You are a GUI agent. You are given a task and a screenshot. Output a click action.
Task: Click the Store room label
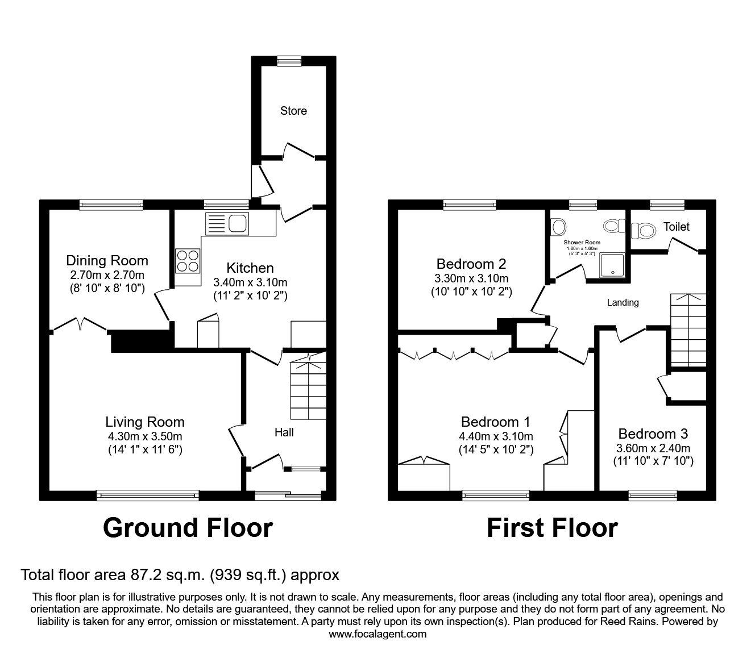pos(293,111)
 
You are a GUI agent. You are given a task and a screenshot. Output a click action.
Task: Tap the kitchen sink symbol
pos(227,224)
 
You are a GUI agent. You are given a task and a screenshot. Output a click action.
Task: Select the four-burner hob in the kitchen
pos(188,261)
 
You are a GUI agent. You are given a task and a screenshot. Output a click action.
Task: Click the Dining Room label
pos(107,261)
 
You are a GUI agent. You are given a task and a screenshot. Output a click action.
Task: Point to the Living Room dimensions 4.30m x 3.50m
pos(145,436)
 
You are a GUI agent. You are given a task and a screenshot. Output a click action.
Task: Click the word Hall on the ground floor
pos(284,432)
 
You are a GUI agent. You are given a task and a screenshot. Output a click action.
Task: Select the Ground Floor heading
pos(188,527)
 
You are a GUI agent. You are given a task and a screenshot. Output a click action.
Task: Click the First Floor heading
pos(551,527)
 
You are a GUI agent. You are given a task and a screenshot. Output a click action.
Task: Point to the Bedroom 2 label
pos(471,264)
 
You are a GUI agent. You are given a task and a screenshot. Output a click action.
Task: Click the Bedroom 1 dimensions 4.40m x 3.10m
pos(496,436)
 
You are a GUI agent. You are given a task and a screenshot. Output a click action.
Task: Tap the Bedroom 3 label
pos(653,434)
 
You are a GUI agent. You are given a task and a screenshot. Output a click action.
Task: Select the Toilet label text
pos(676,227)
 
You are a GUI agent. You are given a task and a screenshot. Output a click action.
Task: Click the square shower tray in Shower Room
pos(612,265)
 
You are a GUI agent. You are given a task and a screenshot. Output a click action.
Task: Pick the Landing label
pos(623,302)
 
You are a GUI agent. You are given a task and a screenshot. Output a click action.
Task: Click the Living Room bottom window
pos(148,495)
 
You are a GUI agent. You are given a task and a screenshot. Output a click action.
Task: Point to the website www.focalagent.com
pos(377,634)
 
